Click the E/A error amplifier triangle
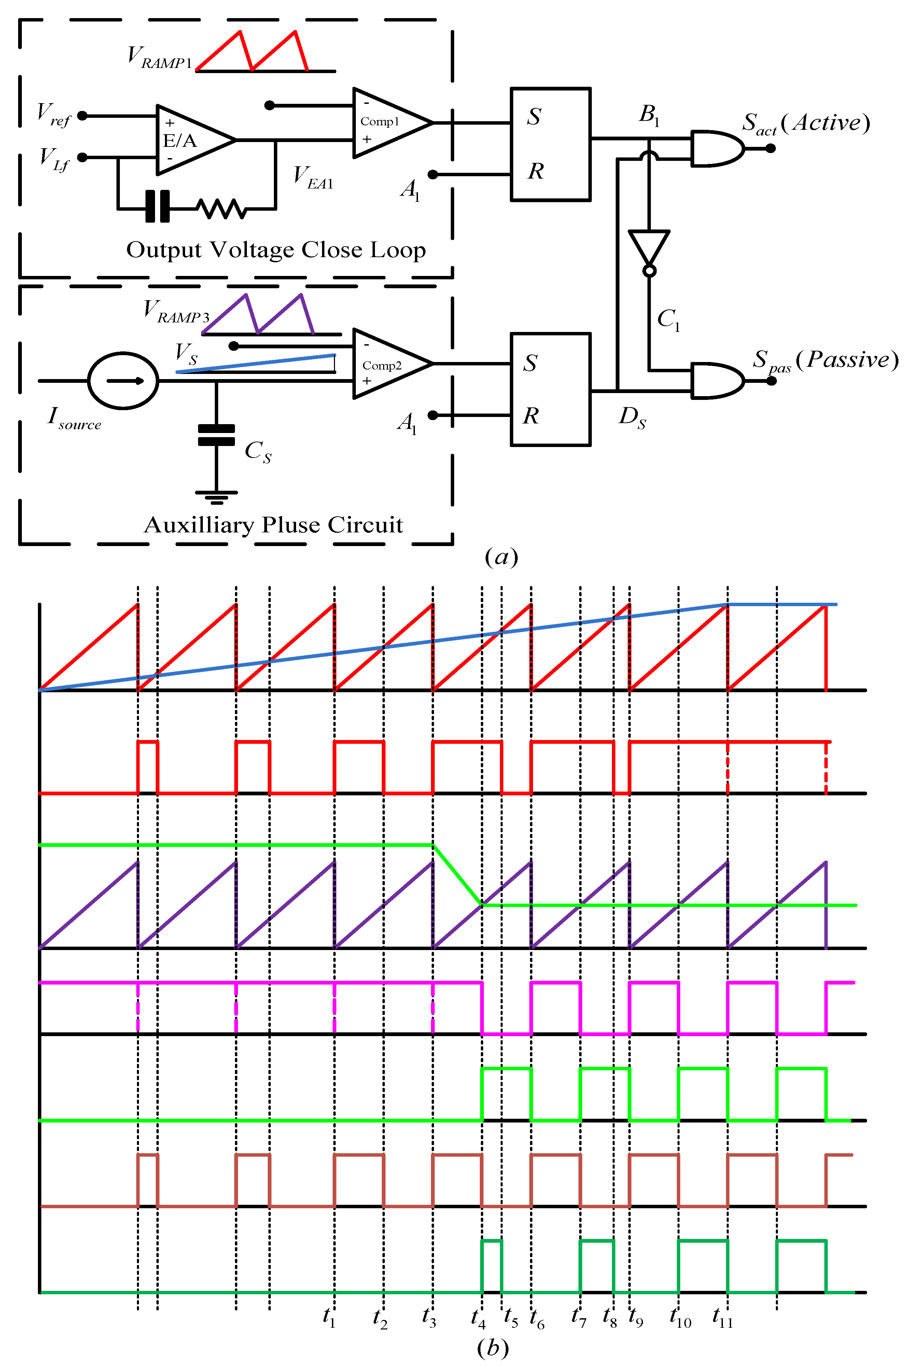191,140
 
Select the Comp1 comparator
388,123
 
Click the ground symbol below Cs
216,496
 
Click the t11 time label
722,1318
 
